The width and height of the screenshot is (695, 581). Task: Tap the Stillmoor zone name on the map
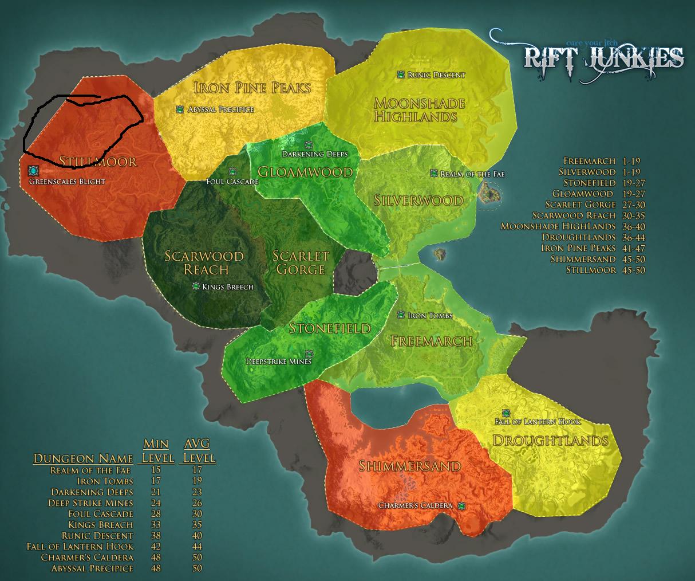98,161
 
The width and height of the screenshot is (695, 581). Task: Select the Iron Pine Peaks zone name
252,88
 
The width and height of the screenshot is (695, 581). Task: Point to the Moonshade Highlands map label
419,110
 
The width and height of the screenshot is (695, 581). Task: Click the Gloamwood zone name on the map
305,172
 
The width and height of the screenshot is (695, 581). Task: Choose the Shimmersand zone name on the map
409,466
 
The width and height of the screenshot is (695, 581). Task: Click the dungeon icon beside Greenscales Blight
33,171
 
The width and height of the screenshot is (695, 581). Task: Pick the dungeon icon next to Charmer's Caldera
461,505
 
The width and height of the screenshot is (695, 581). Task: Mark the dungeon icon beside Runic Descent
401,74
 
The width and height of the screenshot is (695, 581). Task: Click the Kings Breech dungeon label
227,286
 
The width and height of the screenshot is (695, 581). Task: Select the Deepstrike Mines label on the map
278,362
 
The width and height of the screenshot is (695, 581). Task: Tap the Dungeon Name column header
84,458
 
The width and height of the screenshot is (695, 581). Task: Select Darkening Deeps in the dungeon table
92,492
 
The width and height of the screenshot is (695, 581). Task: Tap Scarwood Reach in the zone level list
574,215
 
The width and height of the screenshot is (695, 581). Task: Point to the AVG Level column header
198,451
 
